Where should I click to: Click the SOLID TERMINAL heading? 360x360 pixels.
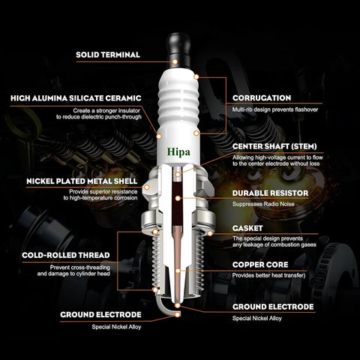(x=108, y=55)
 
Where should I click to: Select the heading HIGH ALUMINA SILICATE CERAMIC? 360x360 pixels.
(x=76, y=98)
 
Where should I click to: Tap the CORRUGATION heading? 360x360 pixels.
(x=262, y=98)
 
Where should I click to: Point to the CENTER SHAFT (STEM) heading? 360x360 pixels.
(x=274, y=146)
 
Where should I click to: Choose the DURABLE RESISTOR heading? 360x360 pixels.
(x=270, y=193)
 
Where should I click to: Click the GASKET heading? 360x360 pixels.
(x=247, y=228)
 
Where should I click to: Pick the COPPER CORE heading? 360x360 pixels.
(x=260, y=265)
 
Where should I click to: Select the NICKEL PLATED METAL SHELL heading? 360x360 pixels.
(x=82, y=181)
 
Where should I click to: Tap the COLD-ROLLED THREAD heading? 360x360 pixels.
(x=66, y=255)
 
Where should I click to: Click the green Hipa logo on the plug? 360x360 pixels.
(x=178, y=152)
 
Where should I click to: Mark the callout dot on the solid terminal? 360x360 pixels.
(x=175, y=61)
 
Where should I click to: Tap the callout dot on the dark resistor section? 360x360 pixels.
(x=178, y=199)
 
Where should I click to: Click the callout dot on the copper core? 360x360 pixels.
(x=178, y=271)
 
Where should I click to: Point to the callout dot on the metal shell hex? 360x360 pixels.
(x=147, y=187)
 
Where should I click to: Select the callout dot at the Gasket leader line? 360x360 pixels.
(x=210, y=233)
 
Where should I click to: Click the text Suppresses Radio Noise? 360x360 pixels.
(x=263, y=204)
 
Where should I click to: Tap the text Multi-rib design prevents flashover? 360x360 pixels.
(x=275, y=109)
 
